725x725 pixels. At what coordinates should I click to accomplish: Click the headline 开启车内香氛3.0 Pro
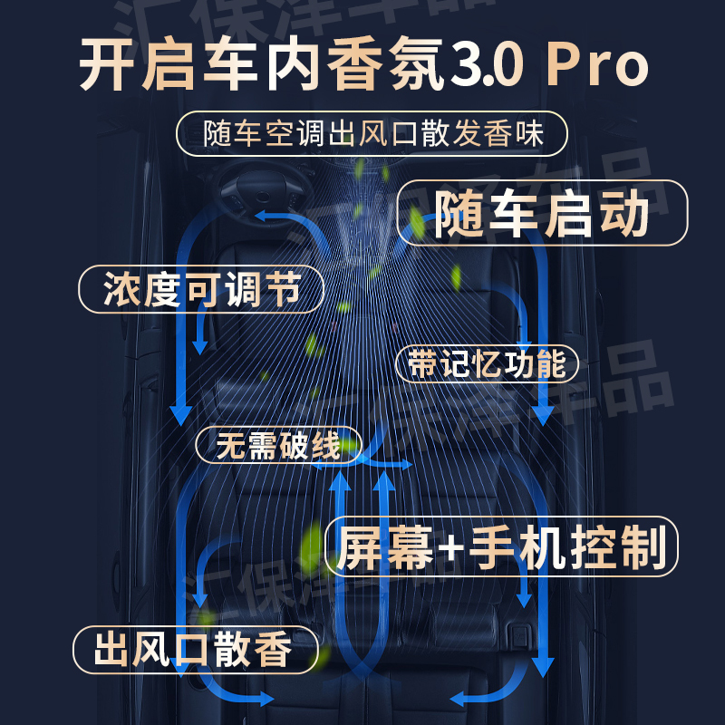(362, 66)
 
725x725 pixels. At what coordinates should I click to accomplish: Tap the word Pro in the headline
(599, 66)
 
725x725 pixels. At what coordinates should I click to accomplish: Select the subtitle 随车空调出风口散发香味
(372, 134)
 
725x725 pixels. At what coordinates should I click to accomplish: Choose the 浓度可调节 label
(200, 290)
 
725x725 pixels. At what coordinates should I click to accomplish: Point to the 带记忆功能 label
(488, 363)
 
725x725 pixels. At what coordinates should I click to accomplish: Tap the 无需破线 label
(278, 445)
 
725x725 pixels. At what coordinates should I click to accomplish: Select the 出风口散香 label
(194, 650)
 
